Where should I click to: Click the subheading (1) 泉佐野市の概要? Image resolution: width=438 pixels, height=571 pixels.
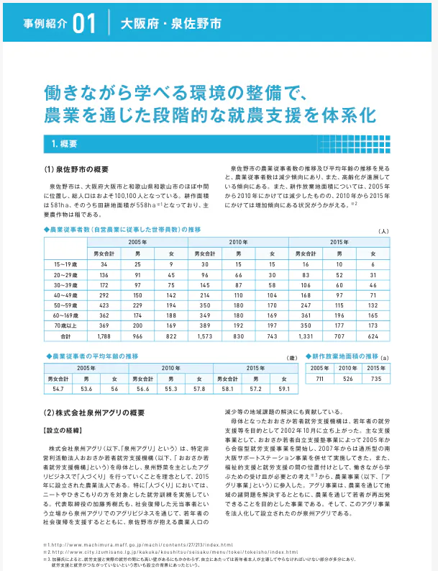click(x=77, y=170)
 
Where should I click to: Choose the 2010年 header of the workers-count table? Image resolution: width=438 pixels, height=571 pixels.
click(x=237, y=241)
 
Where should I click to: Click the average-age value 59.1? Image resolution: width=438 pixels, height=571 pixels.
click(x=283, y=389)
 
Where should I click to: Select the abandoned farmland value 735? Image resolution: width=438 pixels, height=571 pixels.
click(x=375, y=378)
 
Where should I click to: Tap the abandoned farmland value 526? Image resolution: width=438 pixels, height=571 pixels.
click(x=347, y=378)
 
